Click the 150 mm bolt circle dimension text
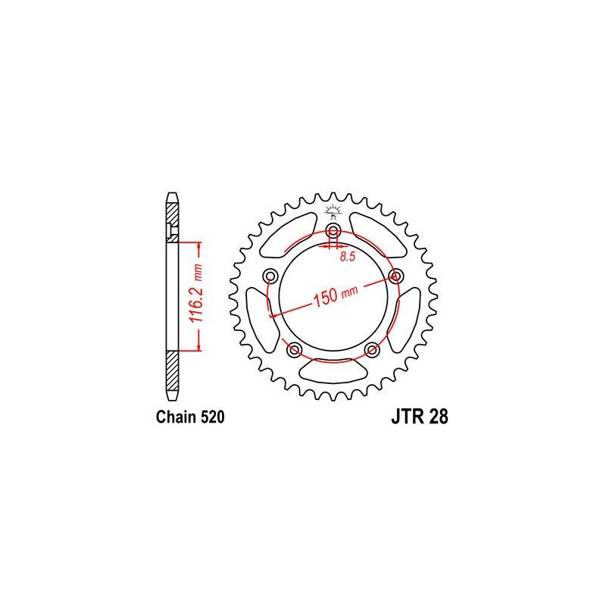[335, 296]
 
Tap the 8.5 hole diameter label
[348, 257]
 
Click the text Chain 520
[190, 417]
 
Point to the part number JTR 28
[420, 417]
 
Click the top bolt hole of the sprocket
[333, 232]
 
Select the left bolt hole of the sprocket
[270, 276]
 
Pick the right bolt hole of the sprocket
[395, 276]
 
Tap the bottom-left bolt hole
[294, 350]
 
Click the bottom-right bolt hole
[372, 350]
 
